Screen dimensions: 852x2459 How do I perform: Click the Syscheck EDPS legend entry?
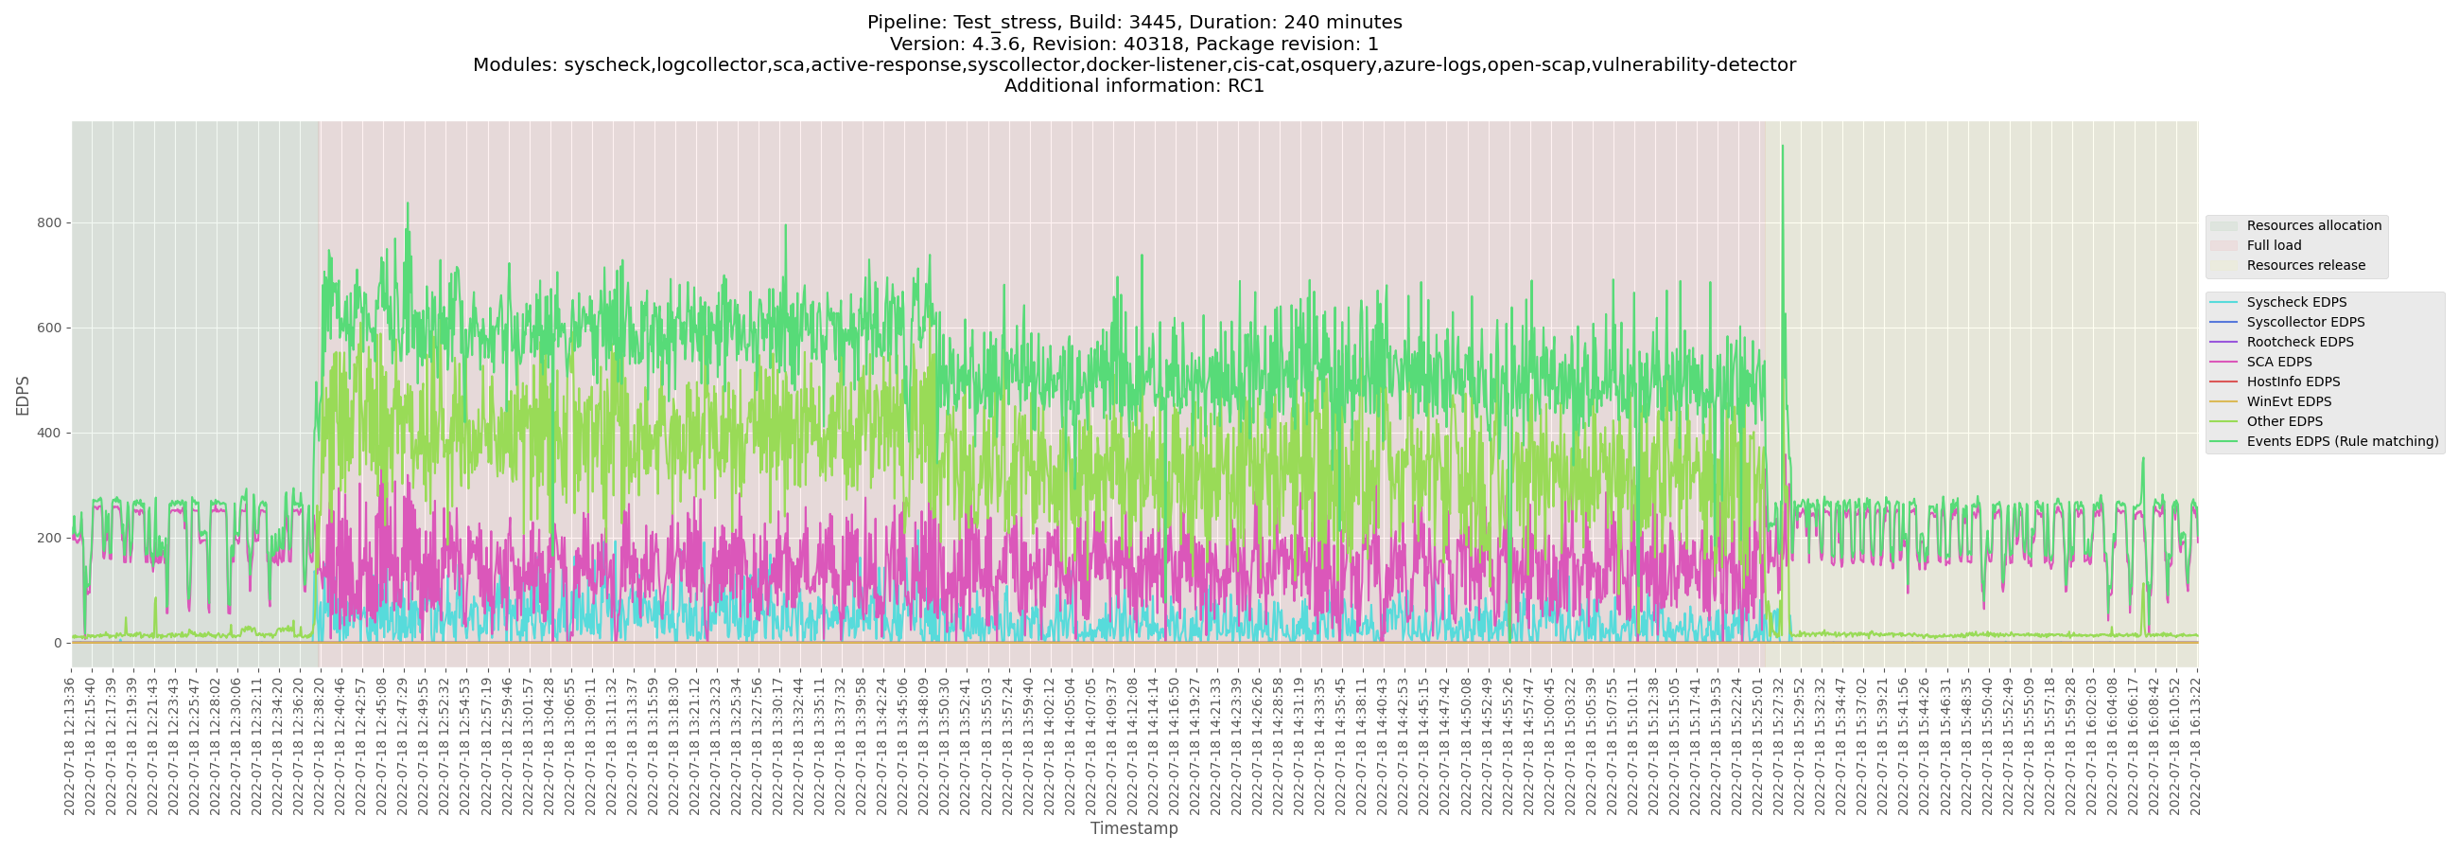pos(2295,303)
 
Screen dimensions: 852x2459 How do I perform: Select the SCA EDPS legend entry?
pos(2278,362)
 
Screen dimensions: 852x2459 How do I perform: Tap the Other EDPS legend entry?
pos(2284,421)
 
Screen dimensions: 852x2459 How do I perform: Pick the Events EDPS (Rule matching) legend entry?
pos(2342,441)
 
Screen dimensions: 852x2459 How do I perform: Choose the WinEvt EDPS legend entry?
pos(2288,402)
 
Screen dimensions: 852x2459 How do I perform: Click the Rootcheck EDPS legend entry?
pos(2299,342)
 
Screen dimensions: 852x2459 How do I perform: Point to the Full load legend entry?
pos(2274,245)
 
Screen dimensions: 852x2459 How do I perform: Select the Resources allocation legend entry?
pos(2313,225)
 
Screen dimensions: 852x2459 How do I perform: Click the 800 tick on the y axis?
pos(48,223)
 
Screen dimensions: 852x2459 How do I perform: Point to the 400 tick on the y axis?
pos(48,434)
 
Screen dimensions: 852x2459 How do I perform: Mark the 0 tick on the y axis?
pos(58,644)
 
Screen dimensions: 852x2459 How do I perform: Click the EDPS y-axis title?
pos(23,396)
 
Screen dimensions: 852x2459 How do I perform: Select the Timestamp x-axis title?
pos(1134,829)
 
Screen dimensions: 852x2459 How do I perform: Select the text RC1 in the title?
pos(1246,86)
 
